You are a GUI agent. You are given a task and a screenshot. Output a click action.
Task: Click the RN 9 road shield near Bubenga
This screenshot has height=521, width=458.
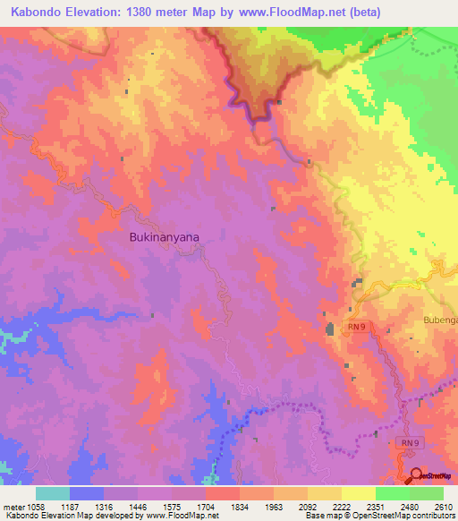pyautogui.click(x=357, y=328)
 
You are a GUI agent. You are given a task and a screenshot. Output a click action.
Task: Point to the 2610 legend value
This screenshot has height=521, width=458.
pyautogui.click(x=444, y=508)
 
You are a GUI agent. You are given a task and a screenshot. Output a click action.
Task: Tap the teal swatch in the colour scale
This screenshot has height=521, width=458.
pyautogui.click(x=53, y=493)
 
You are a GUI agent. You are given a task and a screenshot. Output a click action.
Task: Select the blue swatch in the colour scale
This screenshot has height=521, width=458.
pyautogui.click(x=87, y=493)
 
